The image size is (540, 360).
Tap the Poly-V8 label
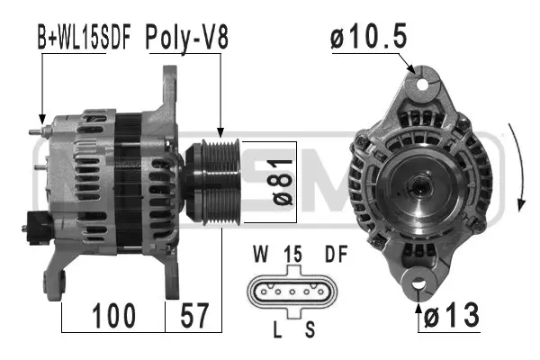187,39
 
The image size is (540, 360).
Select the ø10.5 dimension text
369,39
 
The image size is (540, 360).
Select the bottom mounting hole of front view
420,285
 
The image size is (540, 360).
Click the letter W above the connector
260,254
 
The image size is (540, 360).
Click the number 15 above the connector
292,254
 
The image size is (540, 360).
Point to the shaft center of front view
420,187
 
